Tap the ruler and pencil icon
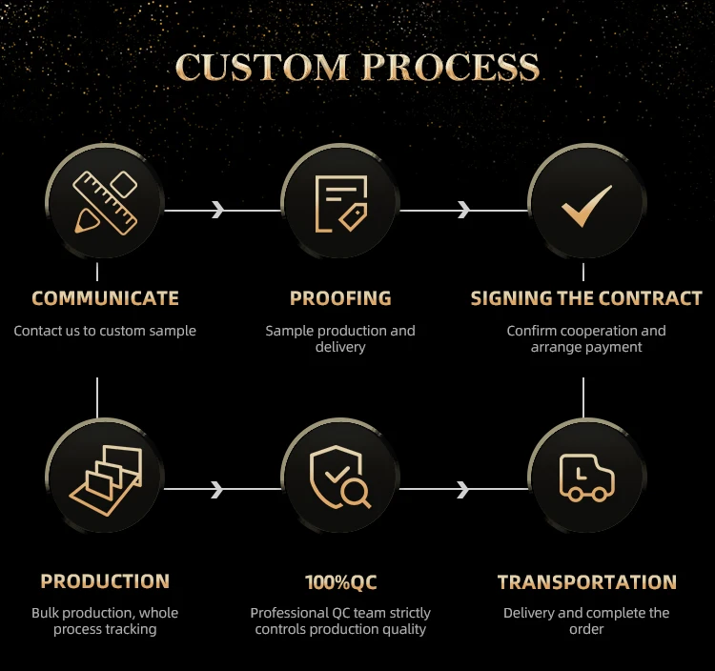click(105, 203)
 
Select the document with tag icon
click(340, 204)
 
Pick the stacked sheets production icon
click(105, 480)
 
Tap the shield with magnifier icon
click(339, 479)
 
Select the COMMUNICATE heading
click(105, 298)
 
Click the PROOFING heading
click(340, 298)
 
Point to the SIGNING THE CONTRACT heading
click(586, 298)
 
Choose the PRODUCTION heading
click(105, 581)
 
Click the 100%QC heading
click(340, 582)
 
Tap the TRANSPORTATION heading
click(586, 582)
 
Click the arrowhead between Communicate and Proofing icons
click(218, 210)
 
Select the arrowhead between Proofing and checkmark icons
click(463, 210)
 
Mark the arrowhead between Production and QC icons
click(218, 489)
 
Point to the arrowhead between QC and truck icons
click(463, 489)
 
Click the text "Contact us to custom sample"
click(105, 331)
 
